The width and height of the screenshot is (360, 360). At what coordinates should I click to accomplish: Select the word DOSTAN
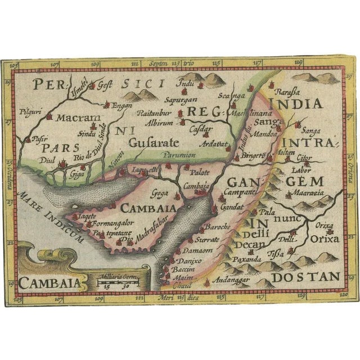(x=311, y=276)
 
